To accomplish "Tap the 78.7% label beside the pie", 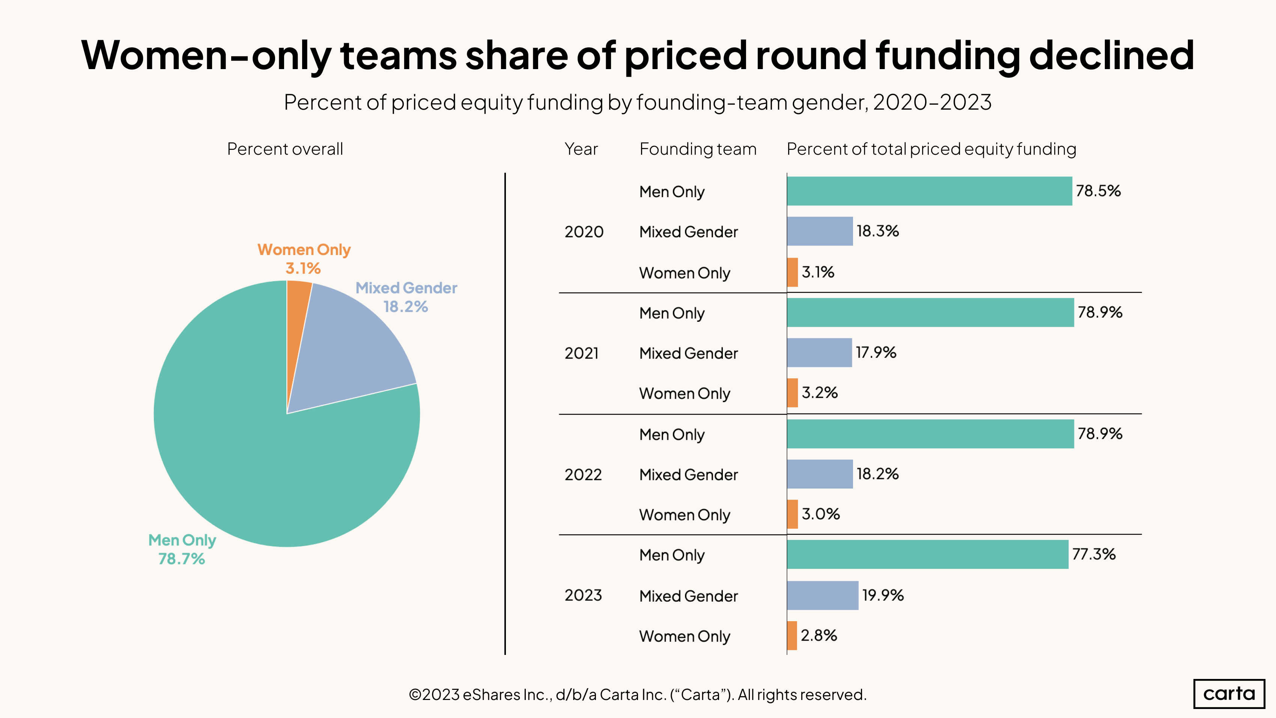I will tap(181, 558).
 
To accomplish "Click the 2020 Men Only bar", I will tap(929, 191).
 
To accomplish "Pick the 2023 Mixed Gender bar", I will tap(822, 595).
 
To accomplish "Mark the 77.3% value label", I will tap(1094, 554).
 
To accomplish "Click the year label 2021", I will tap(582, 353).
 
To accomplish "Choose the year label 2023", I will tap(583, 595).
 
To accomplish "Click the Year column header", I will tap(581, 149).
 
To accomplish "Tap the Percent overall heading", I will tap(285, 149).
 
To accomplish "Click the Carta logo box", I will tap(1229, 694).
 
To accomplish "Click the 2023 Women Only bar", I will tap(792, 636).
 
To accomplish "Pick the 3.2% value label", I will tap(820, 393).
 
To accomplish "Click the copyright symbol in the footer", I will tap(415, 695).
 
